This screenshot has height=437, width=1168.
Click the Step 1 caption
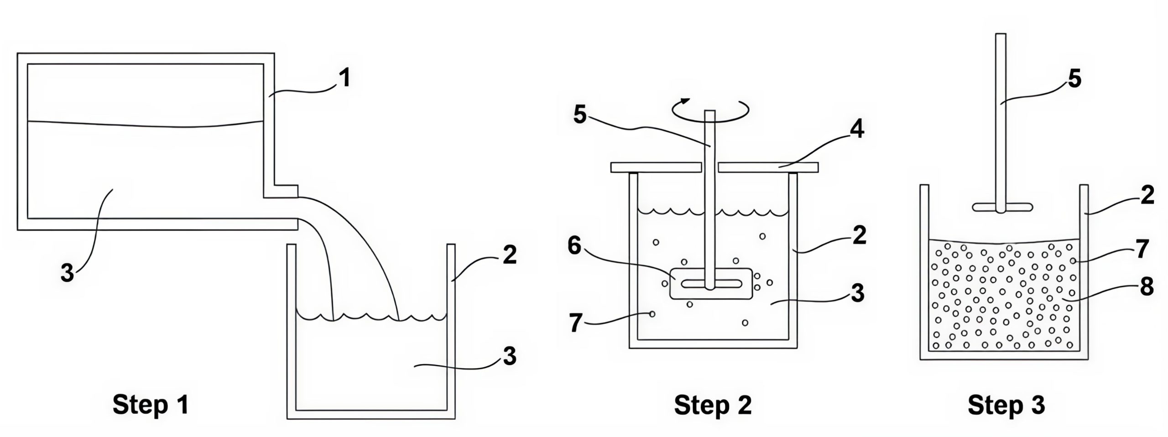coord(151,405)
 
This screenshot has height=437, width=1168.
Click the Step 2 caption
coord(713,405)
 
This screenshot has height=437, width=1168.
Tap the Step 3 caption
coord(1006,405)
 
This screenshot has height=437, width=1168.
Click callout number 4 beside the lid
coord(856,130)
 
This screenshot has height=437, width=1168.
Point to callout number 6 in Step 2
coord(574,246)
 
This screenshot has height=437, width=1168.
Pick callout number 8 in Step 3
coord(1147,287)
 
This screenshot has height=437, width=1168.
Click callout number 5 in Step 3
coord(1075,79)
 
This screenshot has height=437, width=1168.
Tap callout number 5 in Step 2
coord(579,116)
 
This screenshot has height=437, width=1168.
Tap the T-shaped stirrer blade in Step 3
coord(1001,207)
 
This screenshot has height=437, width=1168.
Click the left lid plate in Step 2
coord(655,167)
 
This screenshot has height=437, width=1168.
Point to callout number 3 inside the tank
coord(67,274)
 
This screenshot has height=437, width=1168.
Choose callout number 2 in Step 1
coord(509,255)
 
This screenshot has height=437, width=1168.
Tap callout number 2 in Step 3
coord(1147,196)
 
